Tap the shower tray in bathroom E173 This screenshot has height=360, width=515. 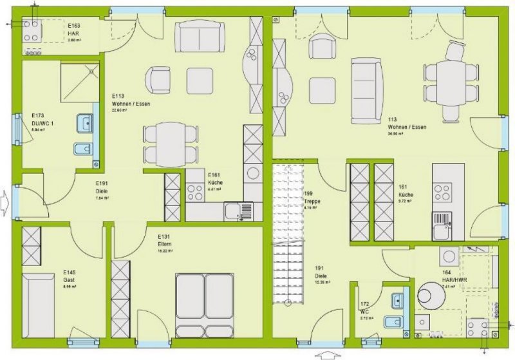81,82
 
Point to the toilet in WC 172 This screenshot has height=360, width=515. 390,323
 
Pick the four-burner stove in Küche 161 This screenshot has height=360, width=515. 443,191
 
